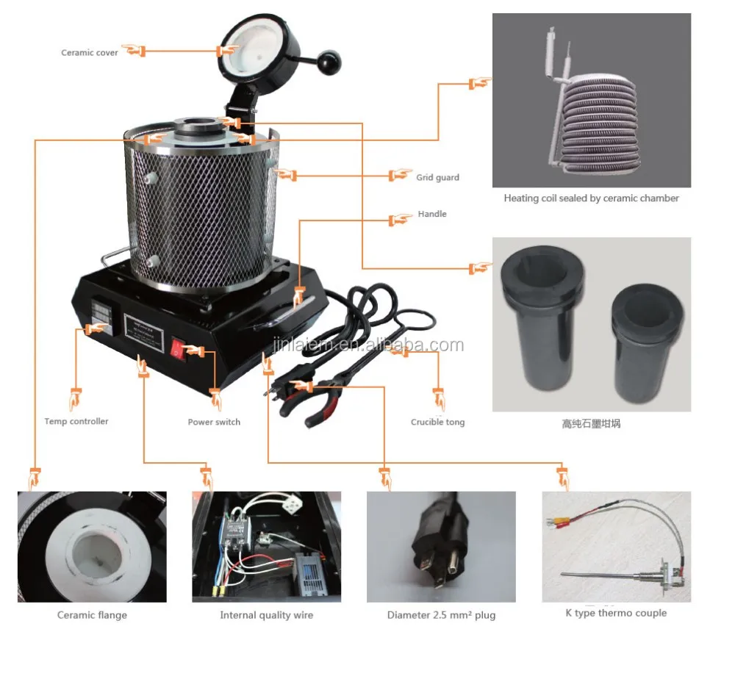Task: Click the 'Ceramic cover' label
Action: (x=89, y=53)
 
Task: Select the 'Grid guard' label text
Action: (x=437, y=177)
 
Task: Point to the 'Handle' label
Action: (x=432, y=214)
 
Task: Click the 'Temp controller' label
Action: (x=76, y=421)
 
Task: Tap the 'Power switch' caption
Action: (x=214, y=422)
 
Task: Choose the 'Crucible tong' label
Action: (x=437, y=422)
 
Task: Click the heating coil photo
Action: (x=591, y=101)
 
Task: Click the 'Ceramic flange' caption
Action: (x=92, y=615)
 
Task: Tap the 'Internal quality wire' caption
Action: (x=266, y=615)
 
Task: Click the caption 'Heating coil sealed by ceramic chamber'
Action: (x=591, y=198)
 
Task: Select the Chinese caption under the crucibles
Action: (x=591, y=424)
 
